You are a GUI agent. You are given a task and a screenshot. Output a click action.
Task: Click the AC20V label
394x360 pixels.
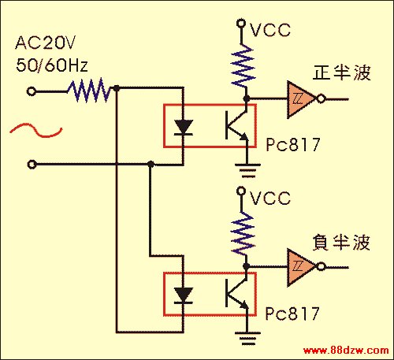tap(45, 43)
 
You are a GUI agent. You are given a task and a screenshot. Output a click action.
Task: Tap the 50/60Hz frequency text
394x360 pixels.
tap(52, 65)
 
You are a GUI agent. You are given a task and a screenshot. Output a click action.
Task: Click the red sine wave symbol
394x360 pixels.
tap(36, 130)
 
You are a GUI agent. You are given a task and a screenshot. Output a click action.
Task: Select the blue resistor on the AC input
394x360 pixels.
tap(89, 91)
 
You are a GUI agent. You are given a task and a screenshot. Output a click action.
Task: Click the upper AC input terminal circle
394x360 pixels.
tap(32, 91)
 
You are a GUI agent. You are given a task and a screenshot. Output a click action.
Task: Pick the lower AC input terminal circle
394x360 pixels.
tap(32, 165)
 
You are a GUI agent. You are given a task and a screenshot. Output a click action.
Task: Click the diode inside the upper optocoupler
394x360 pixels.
tap(184, 128)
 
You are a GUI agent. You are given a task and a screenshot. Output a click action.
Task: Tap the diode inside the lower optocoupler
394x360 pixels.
tap(184, 295)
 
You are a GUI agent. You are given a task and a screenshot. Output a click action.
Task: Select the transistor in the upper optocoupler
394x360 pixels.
tap(236, 125)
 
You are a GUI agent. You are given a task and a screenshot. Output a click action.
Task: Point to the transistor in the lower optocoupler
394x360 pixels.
tap(236, 293)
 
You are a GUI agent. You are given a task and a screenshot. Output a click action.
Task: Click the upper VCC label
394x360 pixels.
tap(270, 29)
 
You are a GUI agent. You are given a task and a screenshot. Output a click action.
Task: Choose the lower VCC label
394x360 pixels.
tap(270, 198)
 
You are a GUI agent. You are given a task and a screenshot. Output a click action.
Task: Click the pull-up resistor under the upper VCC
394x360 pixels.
tap(243, 65)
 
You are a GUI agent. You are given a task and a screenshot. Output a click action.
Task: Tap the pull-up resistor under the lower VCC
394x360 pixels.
tap(243, 234)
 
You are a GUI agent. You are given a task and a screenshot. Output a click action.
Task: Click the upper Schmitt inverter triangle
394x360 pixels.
tap(301, 99)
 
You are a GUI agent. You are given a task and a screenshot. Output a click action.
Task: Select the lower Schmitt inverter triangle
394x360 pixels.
tap(301, 267)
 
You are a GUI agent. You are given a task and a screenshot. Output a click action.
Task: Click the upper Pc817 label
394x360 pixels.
tap(293, 144)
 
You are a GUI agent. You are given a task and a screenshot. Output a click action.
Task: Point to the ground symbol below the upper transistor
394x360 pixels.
tap(247, 171)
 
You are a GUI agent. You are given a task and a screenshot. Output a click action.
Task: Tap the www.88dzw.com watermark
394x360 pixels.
tap(346, 351)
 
